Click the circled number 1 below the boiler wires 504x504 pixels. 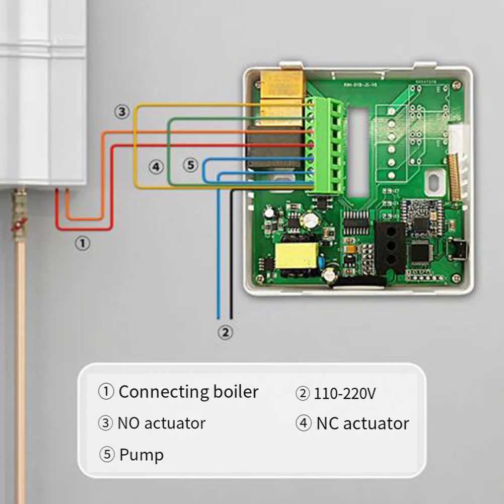[x=83, y=244]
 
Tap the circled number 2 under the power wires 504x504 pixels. [x=226, y=332]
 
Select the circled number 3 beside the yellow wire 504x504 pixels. [x=121, y=112]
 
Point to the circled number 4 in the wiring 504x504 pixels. [x=156, y=167]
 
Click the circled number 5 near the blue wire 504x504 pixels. [x=190, y=165]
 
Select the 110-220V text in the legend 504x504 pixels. [x=344, y=394]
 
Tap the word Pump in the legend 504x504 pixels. [x=141, y=455]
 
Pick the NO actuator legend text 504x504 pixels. [x=161, y=423]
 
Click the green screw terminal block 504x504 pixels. [x=326, y=146]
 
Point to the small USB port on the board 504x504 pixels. [x=459, y=249]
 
